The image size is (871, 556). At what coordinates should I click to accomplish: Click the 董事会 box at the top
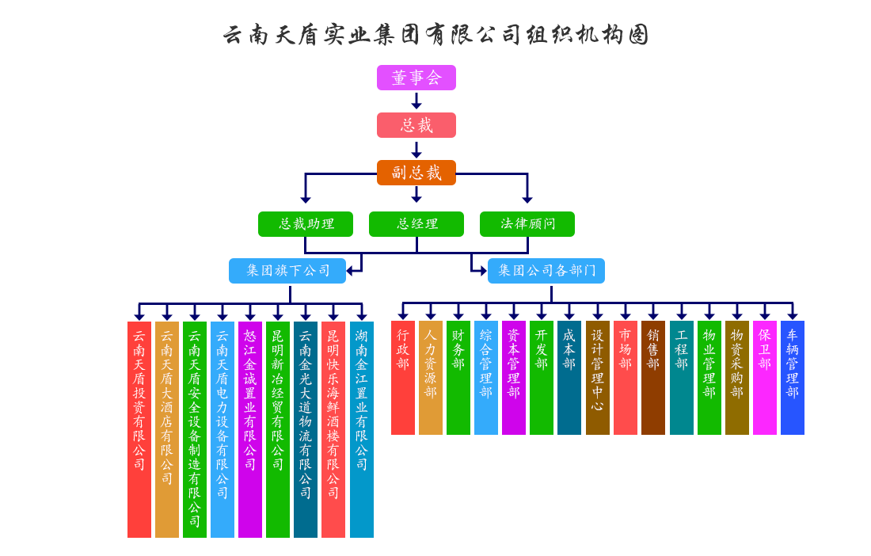coord(416,78)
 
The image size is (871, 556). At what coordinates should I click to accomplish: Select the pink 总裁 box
coord(416,125)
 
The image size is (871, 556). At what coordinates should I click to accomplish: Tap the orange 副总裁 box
coord(416,173)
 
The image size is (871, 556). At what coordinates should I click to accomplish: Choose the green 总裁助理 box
coord(305,224)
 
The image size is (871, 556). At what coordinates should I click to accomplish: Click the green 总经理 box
coord(416,224)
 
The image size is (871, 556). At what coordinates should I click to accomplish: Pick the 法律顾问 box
coord(527,224)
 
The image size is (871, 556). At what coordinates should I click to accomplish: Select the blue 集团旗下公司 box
coord(287,271)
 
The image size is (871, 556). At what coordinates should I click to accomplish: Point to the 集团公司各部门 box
coord(546,271)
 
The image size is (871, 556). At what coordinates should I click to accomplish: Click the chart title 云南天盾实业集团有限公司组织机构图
coord(435,35)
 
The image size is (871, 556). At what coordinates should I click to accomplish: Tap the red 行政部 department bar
coord(403,377)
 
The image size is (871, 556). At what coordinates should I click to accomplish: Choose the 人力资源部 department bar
coord(431,377)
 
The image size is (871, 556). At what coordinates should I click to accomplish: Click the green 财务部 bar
coord(458,377)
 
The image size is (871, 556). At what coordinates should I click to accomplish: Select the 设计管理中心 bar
coord(598,377)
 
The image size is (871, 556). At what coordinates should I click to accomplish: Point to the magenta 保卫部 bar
coord(765,377)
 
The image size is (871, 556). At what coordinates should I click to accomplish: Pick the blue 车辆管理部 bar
coord(793,377)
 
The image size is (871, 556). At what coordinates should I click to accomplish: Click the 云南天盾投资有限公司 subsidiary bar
coord(139,429)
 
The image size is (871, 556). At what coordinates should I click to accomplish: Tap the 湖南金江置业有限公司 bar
coord(362,429)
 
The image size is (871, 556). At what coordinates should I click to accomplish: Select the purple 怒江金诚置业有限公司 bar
coord(250,429)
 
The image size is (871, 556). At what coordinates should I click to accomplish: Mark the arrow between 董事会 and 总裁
coord(416,101)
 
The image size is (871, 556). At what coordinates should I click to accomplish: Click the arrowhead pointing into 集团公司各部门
coord(482,271)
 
